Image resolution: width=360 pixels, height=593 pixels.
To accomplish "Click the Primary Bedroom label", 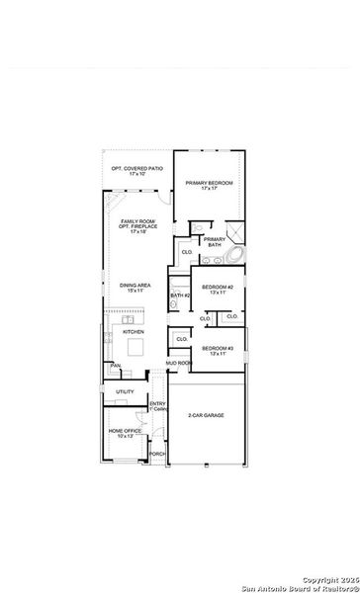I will [x=207, y=183].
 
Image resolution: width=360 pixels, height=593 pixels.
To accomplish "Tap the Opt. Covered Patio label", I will [x=136, y=168].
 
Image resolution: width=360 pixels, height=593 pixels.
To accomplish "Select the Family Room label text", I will [x=136, y=222].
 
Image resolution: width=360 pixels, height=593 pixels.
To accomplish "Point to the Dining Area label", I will [x=135, y=287].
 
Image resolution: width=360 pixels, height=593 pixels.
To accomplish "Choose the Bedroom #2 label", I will [x=217, y=287].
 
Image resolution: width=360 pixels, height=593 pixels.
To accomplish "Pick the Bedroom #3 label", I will [x=217, y=349].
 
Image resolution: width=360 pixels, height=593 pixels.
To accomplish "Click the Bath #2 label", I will [x=179, y=296].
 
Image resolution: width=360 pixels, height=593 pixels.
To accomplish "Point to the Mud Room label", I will [x=178, y=364].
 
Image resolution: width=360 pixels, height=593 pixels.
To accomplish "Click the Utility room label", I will [x=125, y=392].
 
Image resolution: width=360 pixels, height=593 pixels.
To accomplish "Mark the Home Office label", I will [x=126, y=430].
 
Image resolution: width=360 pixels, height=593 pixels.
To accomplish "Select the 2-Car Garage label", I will [x=206, y=416].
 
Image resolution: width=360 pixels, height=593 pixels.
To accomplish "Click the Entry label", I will [x=157, y=404].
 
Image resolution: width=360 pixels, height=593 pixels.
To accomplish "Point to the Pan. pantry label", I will [x=116, y=365].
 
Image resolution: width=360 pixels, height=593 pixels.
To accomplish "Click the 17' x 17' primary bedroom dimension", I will [x=207, y=190].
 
